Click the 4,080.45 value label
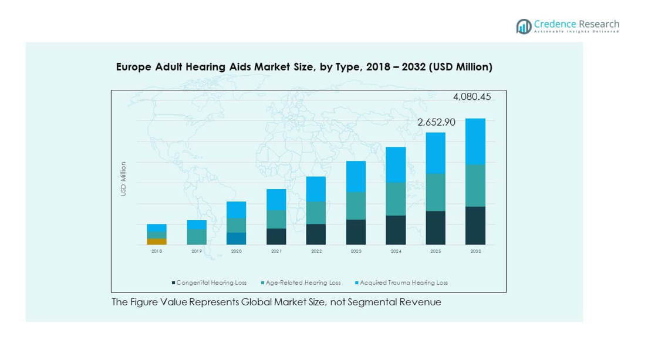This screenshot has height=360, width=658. click(472, 97)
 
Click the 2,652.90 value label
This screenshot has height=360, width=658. click(436, 122)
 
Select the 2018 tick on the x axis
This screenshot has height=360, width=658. click(157, 251)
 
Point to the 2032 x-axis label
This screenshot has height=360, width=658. click(475, 251)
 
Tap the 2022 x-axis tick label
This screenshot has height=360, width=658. click(316, 251)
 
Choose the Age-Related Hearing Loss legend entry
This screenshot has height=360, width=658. click(302, 282)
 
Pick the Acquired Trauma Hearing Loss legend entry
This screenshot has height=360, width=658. click(403, 282)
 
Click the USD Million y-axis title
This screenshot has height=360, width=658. click(123, 179)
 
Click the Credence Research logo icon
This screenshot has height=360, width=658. click(524, 26)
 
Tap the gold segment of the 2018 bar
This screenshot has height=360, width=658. click(157, 241)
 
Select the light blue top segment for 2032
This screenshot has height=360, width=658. click(475, 141)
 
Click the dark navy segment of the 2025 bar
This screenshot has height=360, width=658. click(436, 228)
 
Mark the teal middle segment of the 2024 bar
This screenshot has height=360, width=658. click(396, 198)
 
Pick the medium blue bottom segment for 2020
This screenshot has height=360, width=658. click(237, 238)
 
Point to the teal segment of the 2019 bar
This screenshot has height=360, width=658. click(197, 237)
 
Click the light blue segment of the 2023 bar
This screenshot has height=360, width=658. click(356, 176)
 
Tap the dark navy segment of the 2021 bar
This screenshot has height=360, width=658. click(276, 236)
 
